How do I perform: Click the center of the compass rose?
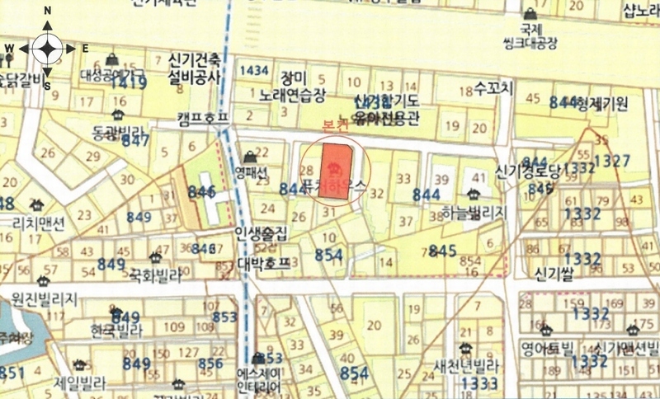coord(47,49)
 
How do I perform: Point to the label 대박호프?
coord(264,265)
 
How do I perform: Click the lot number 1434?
coord(253,70)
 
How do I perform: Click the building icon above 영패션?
coord(250,157)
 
